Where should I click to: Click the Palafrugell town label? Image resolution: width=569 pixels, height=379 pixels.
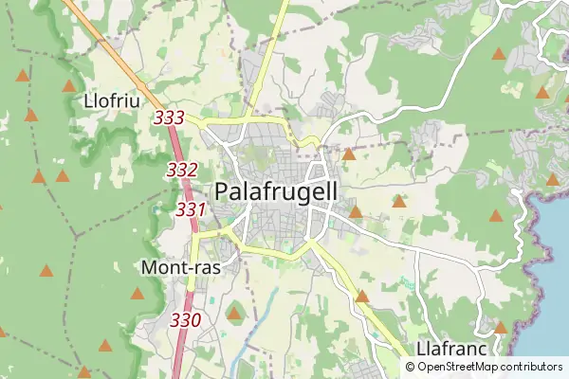(276, 190)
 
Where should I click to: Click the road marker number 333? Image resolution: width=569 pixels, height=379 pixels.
(168, 118)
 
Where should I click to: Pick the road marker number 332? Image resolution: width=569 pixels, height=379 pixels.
(181, 171)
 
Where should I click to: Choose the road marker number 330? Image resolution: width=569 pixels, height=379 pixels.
(185, 320)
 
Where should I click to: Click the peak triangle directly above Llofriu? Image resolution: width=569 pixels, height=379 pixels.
(69, 85)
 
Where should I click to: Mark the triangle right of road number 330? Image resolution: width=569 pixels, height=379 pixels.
(234, 313)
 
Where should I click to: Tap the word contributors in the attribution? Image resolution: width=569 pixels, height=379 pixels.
(532, 366)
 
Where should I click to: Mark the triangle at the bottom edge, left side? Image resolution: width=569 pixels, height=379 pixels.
(83, 372)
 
